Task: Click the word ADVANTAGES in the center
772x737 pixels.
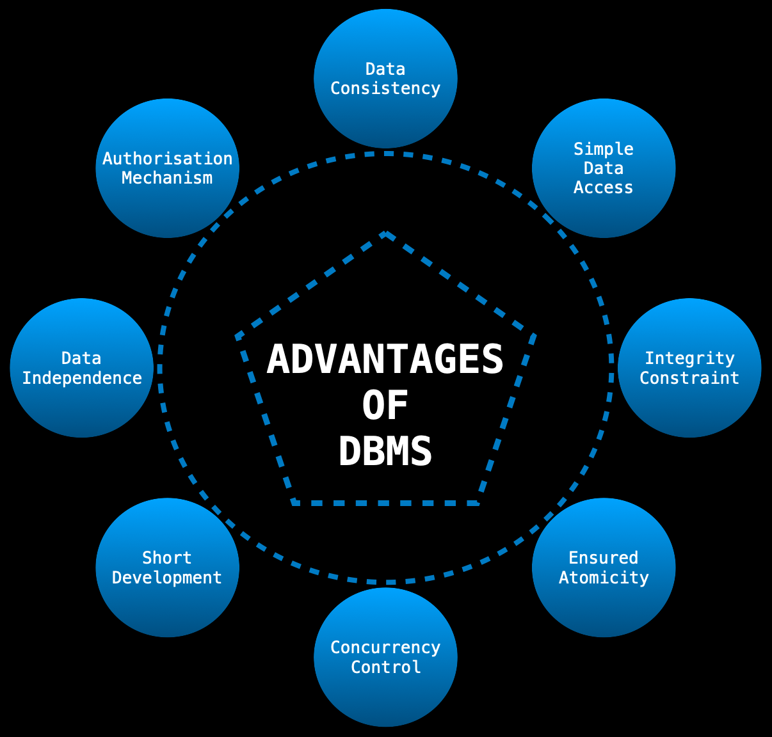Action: [385, 360]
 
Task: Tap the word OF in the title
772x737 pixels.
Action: [385, 406]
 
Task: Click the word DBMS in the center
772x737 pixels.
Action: [385, 452]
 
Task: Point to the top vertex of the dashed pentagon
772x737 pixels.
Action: [385, 234]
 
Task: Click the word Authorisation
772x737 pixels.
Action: [167, 159]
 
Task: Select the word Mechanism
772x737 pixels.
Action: [167, 178]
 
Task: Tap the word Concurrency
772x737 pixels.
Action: [385, 647]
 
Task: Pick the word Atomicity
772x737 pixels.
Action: [604, 578]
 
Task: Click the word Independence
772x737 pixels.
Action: [82, 378]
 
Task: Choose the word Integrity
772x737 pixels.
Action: [689, 358]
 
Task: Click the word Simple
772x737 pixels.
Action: [603, 149]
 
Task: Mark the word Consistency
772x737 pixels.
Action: [385, 88]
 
